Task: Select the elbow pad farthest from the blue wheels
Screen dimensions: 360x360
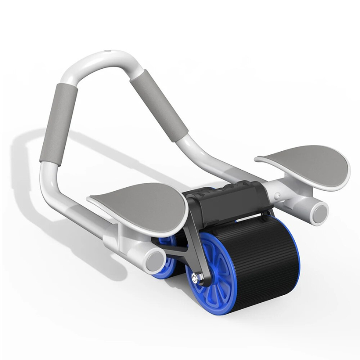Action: [x=304, y=164]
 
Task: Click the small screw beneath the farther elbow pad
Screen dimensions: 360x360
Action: [x=278, y=196]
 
